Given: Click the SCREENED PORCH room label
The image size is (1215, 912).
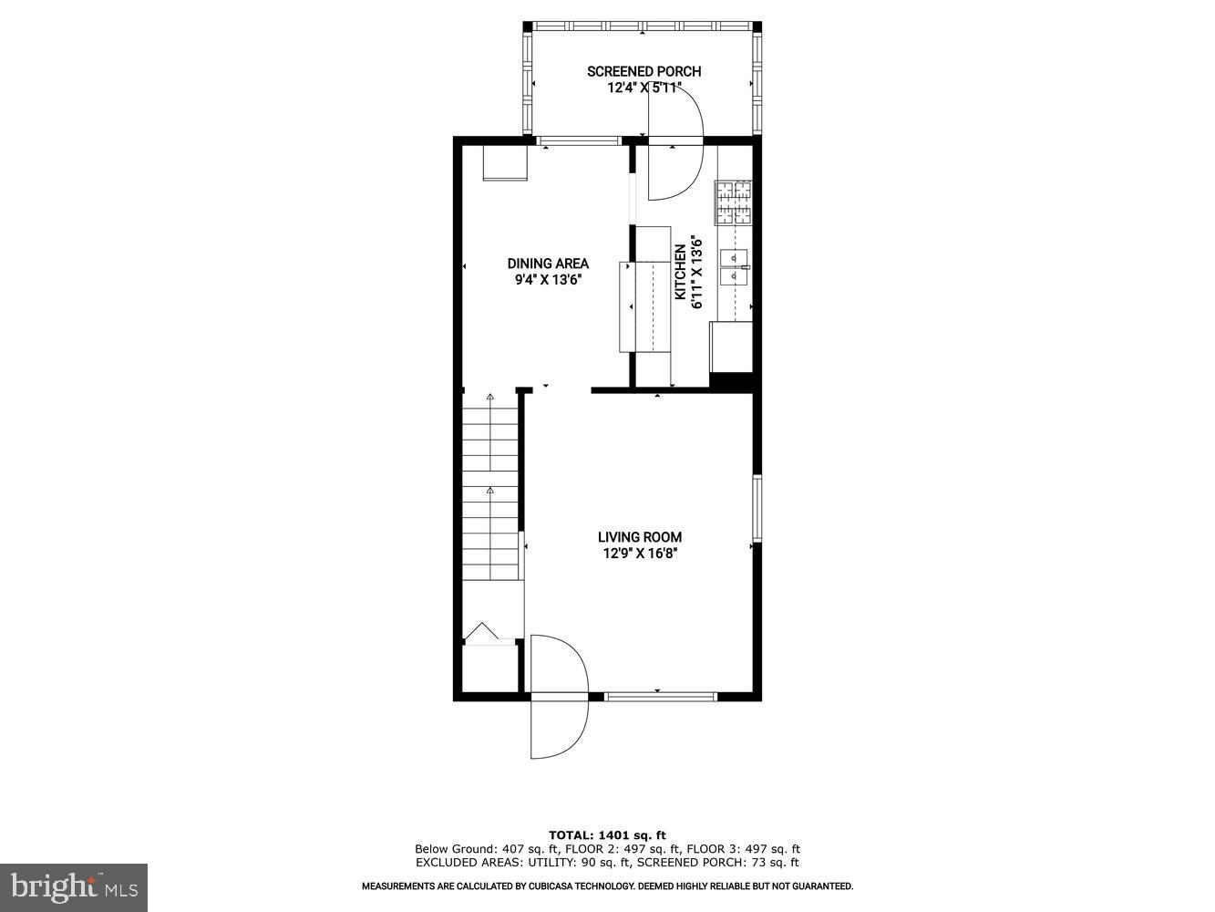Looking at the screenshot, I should (644, 71).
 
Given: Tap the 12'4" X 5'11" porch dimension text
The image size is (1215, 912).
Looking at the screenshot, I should (644, 88).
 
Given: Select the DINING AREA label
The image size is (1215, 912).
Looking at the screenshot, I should (548, 264).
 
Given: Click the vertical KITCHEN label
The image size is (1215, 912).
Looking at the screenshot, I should (680, 273).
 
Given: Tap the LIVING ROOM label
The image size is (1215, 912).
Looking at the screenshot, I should (640, 537).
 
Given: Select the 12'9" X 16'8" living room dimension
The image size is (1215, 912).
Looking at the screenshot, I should (640, 554).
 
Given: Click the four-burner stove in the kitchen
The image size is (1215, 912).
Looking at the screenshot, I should (734, 202).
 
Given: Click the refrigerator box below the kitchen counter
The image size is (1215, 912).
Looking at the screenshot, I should (731, 347).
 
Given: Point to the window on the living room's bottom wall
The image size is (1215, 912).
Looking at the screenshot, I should (661, 697).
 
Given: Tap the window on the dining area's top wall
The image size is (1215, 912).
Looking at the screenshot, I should (578, 140).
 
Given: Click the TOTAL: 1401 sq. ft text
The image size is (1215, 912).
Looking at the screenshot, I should (607, 834).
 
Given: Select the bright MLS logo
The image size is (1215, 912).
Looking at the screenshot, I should (74, 886).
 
